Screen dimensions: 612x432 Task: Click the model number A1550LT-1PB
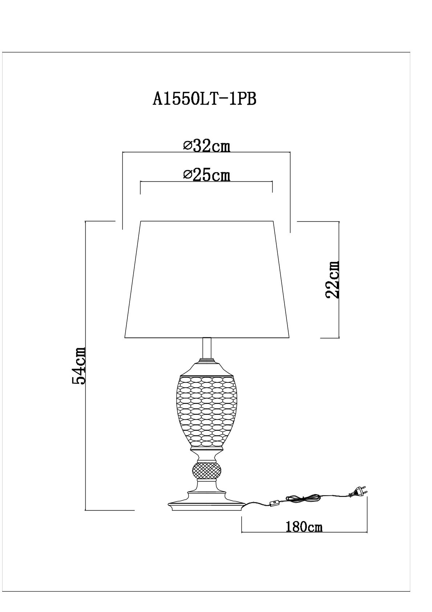(204, 98)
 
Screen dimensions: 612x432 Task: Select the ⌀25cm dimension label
(207, 175)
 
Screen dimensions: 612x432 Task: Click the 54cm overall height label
(79, 365)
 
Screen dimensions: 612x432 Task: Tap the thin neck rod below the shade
(207, 349)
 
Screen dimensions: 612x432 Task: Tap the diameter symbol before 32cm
(187, 146)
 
